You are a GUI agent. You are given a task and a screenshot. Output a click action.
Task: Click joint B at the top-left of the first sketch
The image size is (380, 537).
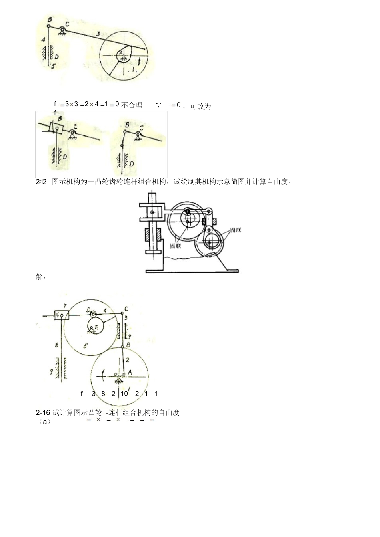coord(48,26)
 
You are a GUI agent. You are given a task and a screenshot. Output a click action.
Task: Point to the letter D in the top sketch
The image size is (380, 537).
coord(57,57)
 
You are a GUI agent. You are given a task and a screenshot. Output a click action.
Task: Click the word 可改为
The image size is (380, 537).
coord(200,107)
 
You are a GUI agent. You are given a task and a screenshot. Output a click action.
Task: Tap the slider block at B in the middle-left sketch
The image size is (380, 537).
coord(56,128)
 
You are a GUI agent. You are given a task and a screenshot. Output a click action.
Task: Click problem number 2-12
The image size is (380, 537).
coord(41,182)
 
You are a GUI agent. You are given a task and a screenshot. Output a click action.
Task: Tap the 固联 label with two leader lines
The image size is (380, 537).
coord(236,231)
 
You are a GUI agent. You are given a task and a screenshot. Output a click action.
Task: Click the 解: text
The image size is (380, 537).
coord(41,277)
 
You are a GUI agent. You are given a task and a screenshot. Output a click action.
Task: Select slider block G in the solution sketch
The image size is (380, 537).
coord(62,315)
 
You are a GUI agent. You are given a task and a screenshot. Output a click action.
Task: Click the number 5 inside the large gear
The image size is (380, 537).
coord(85,346)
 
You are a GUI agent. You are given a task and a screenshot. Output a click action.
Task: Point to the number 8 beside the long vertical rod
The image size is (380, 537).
coord(56,344)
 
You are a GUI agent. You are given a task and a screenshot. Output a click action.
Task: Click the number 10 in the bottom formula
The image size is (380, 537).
coord(124,394)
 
